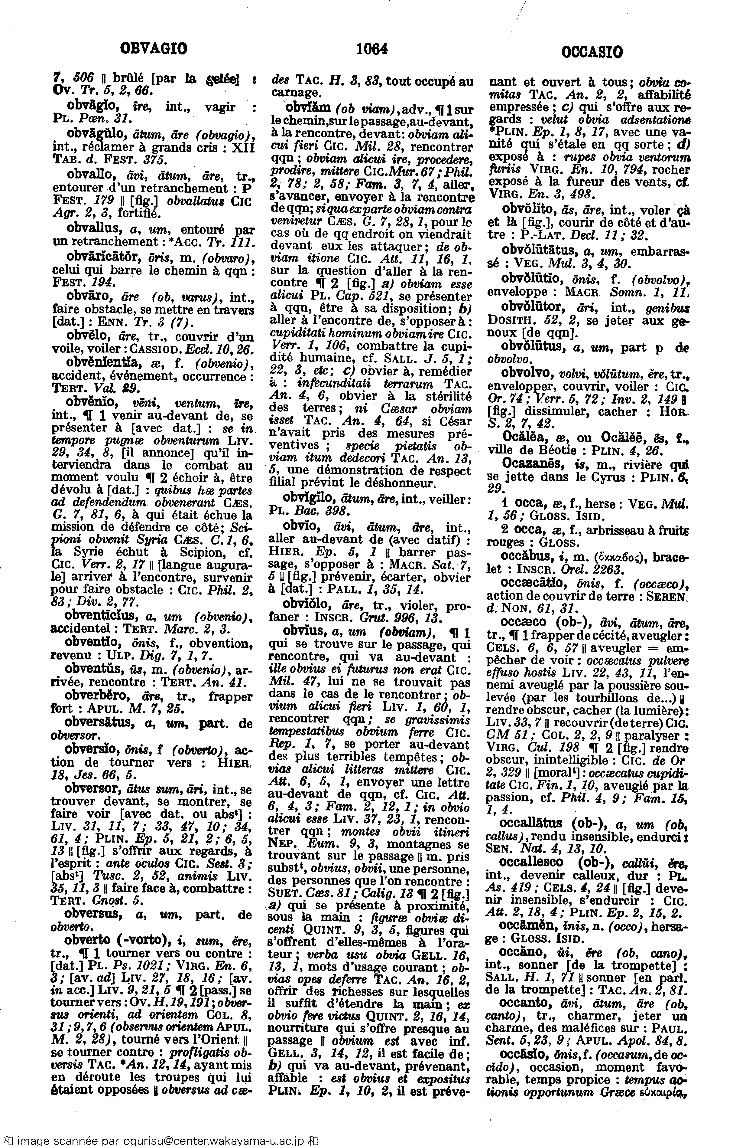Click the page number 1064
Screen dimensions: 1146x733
[x=372, y=49]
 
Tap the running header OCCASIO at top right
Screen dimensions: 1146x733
[x=592, y=51]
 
